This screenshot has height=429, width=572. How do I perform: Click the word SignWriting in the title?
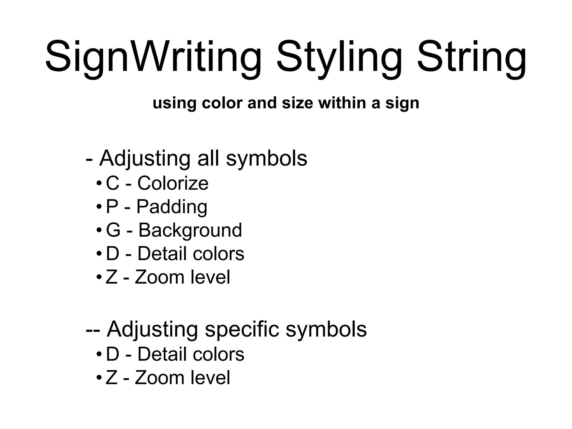pyautogui.click(x=153, y=57)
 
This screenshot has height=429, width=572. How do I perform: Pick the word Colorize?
pyautogui.click(x=173, y=183)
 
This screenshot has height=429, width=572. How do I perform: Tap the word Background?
pyautogui.click(x=190, y=231)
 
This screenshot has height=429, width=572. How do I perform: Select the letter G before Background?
pyautogui.click(x=113, y=230)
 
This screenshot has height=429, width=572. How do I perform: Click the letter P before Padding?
pyautogui.click(x=112, y=207)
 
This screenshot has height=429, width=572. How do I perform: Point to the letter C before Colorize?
pyautogui.click(x=113, y=183)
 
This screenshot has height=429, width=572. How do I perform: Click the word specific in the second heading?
pyautogui.click(x=242, y=330)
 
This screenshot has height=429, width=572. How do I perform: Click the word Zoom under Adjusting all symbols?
pyautogui.click(x=159, y=277)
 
